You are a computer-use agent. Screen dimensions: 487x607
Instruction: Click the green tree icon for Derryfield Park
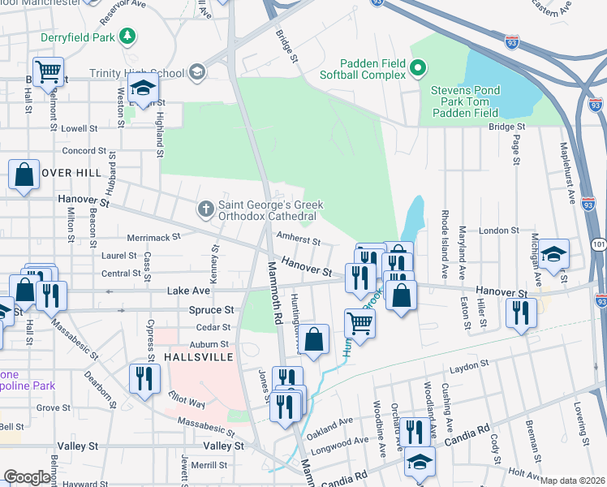tap(127, 36)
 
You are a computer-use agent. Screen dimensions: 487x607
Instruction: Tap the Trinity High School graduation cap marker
tap(196, 73)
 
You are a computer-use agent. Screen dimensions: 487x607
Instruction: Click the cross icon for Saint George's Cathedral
tap(206, 210)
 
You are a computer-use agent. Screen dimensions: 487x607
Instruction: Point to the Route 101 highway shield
tap(598, 243)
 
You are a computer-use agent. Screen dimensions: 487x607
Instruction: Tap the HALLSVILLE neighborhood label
tap(200, 357)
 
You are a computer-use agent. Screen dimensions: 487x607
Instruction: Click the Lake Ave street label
tap(188, 290)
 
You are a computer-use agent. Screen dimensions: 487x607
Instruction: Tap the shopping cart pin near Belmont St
tap(48, 72)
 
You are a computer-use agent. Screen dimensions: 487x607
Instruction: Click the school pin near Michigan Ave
tap(553, 254)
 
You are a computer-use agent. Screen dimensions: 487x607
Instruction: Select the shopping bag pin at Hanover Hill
tap(24, 175)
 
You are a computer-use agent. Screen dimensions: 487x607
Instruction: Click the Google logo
tap(28, 477)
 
